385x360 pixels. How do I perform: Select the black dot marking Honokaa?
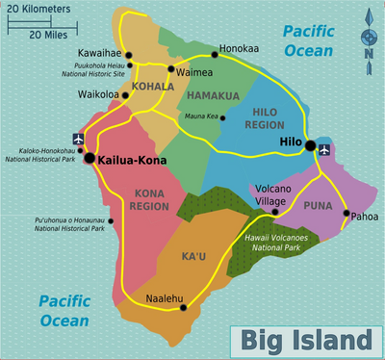tap(215, 54)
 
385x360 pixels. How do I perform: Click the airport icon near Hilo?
tap(323, 150)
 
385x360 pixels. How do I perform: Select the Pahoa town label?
tap(364, 215)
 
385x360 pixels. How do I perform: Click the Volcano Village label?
tap(271, 194)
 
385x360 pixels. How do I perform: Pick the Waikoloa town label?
tap(98, 95)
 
